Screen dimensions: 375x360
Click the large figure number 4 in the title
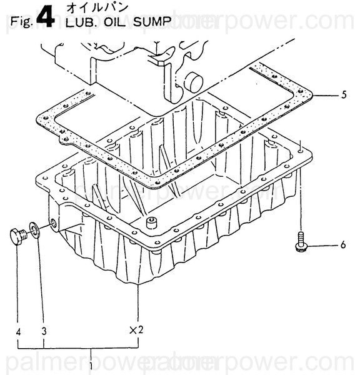point(46,17)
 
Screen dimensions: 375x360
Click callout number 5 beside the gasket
point(343,96)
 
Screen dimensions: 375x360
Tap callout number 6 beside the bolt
point(342,245)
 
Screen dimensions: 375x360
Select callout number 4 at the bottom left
point(18,332)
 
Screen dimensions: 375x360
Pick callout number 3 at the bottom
point(44,332)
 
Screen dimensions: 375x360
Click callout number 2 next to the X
point(141,329)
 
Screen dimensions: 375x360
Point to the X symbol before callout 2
point(132,329)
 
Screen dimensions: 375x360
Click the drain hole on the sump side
point(52,222)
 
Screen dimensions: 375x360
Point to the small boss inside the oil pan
point(151,222)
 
